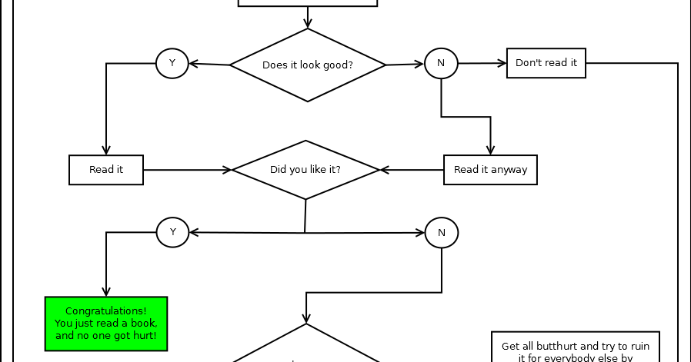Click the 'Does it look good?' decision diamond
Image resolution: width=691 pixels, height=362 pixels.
pyautogui.click(x=308, y=65)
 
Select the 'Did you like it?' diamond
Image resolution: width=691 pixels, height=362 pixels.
pyautogui.click(x=305, y=170)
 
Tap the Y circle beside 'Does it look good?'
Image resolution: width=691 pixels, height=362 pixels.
pyautogui.click(x=172, y=63)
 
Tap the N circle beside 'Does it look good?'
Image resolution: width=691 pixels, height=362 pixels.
pyautogui.click(x=441, y=63)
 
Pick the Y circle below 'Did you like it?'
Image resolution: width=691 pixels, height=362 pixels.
pyautogui.click(x=172, y=232)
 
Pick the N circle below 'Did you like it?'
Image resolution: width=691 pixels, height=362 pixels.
pyautogui.click(x=442, y=232)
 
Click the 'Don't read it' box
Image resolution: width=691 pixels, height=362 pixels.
pyautogui.click(x=546, y=63)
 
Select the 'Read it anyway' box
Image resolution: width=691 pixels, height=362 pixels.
pyautogui.click(x=490, y=170)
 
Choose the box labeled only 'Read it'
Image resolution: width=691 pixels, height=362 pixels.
pyautogui.click(x=106, y=170)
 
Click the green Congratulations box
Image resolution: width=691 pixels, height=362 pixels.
pyautogui.click(x=106, y=323)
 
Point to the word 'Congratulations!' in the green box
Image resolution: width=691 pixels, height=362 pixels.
pyautogui.click(x=106, y=311)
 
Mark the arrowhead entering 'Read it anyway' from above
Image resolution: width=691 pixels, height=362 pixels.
pyautogui.click(x=490, y=151)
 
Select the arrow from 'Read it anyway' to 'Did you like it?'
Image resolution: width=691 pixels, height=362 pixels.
pyautogui.click(x=412, y=170)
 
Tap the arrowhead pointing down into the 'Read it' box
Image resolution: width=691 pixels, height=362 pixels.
pyautogui.click(x=106, y=151)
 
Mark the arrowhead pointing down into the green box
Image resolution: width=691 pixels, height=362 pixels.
pyautogui.click(x=106, y=292)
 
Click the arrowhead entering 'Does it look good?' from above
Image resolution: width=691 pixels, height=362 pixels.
pyautogui.click(x=308, y=24)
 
